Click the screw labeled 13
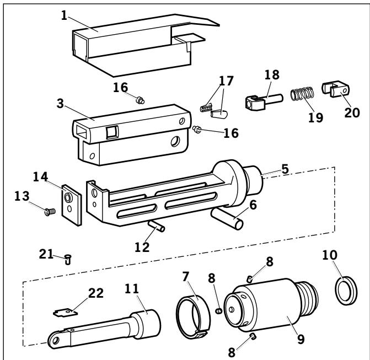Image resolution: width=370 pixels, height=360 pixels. click(x=48, y=210)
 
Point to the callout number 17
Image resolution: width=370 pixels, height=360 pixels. click(x=225, y=80)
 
